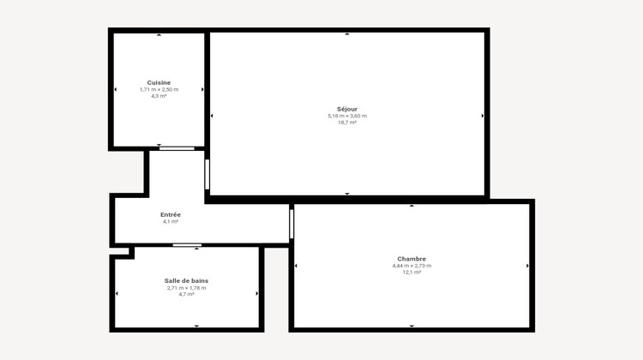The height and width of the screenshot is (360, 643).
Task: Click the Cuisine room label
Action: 159,82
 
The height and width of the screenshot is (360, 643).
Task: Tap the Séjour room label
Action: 346,109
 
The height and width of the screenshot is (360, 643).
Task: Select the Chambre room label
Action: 412,259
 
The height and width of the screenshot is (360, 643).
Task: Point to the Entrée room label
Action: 170,214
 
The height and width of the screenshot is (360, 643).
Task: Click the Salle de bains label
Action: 186,281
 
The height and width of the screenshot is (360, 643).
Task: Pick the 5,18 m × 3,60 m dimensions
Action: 346,116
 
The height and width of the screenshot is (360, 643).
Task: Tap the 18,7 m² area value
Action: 346,123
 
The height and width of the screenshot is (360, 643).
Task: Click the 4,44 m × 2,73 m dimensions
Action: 412,266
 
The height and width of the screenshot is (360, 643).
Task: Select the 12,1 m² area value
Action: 412,273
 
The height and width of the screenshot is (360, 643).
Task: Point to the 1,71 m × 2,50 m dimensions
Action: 159,89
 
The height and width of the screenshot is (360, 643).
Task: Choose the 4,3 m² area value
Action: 159,96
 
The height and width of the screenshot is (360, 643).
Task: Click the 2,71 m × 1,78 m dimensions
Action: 186,288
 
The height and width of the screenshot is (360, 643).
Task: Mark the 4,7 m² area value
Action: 186,295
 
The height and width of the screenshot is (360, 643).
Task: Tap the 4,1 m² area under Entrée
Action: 170,221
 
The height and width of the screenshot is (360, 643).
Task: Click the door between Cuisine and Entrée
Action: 177,148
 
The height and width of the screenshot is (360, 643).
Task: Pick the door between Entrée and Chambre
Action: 291,224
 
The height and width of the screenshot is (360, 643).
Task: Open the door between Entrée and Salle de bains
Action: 187,246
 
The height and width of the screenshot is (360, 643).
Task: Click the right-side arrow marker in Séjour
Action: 483,116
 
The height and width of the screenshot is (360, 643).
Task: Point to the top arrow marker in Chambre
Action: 412,206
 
